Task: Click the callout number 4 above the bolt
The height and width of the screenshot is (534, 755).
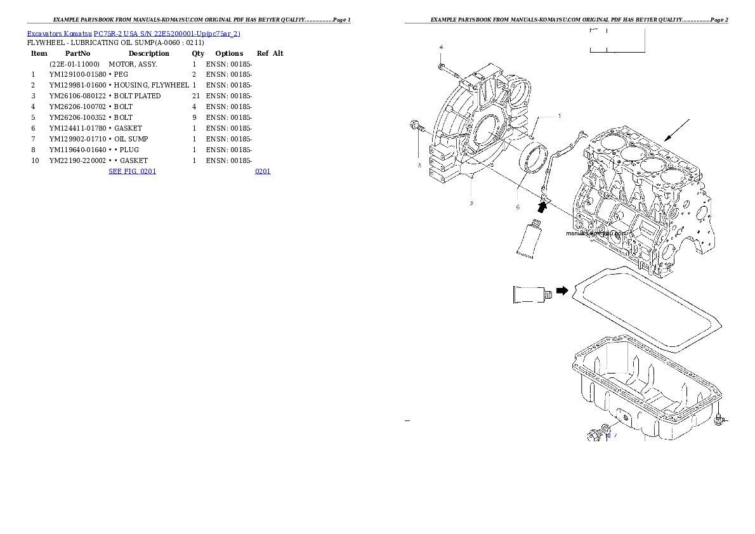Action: pos(441,48)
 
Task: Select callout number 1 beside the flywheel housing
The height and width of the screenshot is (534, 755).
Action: pos(559,116)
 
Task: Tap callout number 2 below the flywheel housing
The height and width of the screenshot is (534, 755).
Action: pos(471,204)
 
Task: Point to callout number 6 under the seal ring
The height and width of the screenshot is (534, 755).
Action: pos(517,207)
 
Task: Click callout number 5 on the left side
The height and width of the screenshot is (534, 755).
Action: pos(419,166)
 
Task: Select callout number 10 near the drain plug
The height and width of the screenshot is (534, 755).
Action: pos(608,436)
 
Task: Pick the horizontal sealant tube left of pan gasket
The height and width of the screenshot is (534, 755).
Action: pos(530,295)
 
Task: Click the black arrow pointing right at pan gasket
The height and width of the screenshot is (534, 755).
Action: pos(562,290)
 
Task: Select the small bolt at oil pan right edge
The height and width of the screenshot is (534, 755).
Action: pos(718,419)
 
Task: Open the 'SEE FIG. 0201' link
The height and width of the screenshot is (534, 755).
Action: pos(132,171)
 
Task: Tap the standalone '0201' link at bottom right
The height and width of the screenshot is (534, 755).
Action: pos(263,171)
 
